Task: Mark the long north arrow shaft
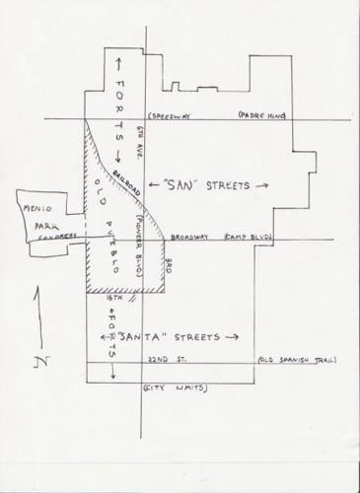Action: click(38, 316)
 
